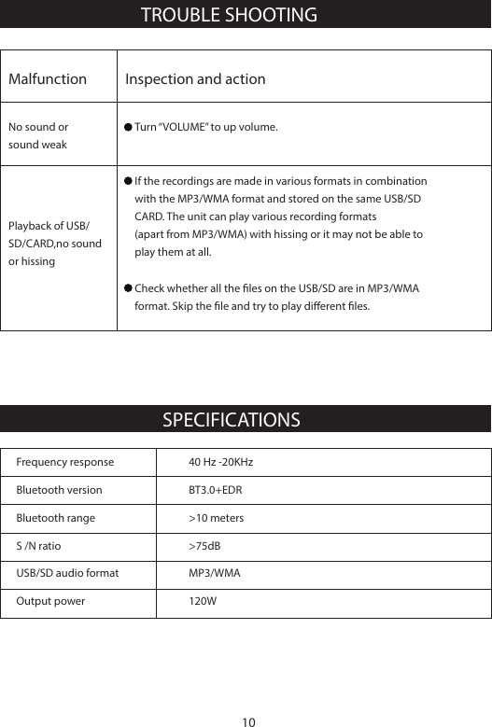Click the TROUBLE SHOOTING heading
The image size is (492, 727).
coord(228,15)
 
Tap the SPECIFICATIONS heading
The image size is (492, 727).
coord(232,419)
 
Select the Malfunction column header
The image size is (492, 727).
coord(48,79)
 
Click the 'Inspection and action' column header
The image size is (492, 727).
coord(195,79)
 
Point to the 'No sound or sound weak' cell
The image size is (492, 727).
coord(38,135)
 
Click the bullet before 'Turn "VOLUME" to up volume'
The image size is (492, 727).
coord(129,126)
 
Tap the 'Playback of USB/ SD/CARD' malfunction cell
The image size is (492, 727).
coord(55,244)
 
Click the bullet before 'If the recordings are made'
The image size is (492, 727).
coord(129,180)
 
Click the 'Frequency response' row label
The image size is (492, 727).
coord(65,462)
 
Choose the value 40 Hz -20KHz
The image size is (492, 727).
coord(220,462)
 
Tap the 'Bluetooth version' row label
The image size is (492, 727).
coord(60,490)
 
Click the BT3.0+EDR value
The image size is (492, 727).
coord(216,490)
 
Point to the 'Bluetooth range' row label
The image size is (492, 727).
coord(56,517)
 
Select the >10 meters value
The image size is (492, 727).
coord(216,517)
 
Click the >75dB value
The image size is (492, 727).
coord(204,545)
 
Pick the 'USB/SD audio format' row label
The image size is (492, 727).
coord(67,573)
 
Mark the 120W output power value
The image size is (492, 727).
coord(203,601)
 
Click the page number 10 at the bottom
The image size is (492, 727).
coord(247,720)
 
